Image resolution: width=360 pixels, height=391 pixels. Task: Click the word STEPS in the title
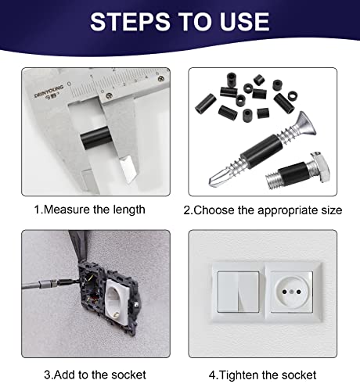130,22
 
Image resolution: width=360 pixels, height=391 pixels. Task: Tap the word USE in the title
244,22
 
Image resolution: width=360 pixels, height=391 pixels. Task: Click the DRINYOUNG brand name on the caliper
49,91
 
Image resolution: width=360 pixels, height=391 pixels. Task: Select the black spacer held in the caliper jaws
95,138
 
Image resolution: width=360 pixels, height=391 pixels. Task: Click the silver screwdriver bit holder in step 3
48,284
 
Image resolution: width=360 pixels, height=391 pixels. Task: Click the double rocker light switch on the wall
238,292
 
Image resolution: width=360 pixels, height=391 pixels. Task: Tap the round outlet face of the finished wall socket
291,292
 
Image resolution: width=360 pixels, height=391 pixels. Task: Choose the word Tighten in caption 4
239,375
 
